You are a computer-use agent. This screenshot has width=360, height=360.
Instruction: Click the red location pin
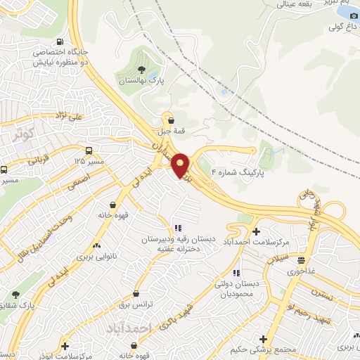point(180,165)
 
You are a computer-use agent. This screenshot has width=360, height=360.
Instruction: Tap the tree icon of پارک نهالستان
point(142,70)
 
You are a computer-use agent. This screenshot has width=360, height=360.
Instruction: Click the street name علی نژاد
point(70,115)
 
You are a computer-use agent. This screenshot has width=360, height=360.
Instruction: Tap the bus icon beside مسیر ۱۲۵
point(89,150)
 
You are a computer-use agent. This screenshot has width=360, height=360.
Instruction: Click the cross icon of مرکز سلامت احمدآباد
point(255,231)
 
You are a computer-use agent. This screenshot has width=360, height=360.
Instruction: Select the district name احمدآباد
point(130,328)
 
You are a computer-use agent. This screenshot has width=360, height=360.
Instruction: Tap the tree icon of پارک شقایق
point(15,295)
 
